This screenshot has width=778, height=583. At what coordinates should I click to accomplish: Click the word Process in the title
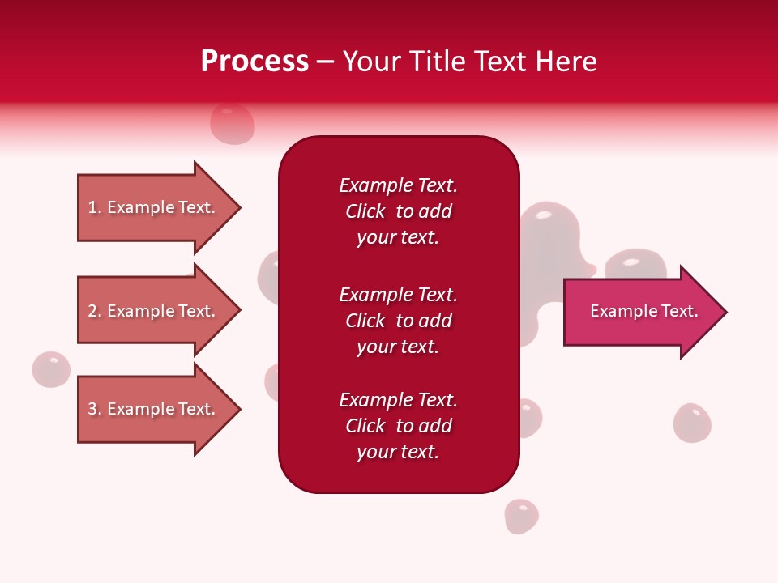tap(254, 62)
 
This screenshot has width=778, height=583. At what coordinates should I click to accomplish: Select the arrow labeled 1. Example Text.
tap(154, 207)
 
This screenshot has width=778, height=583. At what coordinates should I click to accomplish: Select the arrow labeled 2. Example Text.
tap(154, 311)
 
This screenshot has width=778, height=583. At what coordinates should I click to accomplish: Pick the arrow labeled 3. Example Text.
tap(154, 409)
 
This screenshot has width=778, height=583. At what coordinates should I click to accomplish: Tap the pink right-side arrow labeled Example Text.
tap(640, 312)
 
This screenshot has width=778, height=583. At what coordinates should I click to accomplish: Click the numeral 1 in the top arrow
tap(93, 207)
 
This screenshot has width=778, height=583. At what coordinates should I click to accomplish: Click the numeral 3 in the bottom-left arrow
tap(93, 409)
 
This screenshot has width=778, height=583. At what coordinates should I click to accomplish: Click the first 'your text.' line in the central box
tap(398, 238)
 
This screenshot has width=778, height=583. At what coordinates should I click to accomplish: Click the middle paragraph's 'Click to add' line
tap(398, 321)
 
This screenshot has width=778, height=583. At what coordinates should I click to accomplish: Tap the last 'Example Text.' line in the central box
tap(398, 400)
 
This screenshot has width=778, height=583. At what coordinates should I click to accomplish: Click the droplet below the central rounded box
tap(521, 516)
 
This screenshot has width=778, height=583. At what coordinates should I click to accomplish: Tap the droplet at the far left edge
tap(51, 369)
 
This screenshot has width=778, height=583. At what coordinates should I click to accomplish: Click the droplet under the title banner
tap(233, 124)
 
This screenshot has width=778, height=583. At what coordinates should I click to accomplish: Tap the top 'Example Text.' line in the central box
tap(398, 185)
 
